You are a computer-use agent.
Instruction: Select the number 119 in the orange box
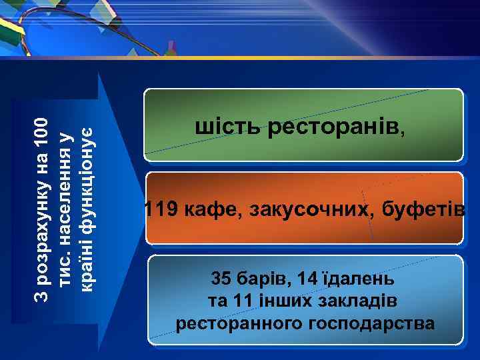tap(161, 210)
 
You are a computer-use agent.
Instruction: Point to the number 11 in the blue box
tap(243, 301)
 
